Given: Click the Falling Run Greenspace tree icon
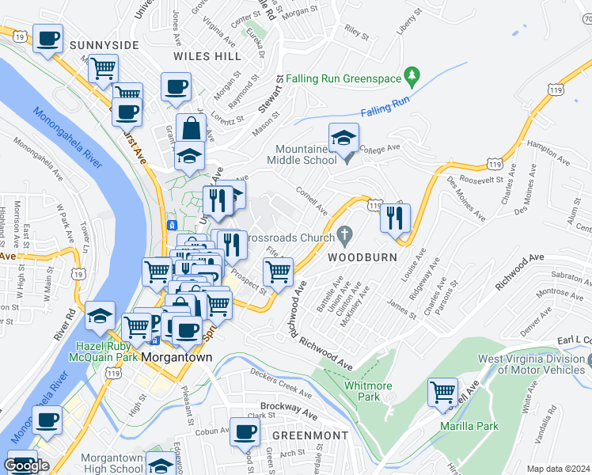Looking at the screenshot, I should point(412,76).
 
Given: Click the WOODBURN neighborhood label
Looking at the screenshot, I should point(357,257).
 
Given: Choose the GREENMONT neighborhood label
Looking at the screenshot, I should point(310,435).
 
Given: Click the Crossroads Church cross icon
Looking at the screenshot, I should point(343,234).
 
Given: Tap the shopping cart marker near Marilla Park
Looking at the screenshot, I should point(442,393).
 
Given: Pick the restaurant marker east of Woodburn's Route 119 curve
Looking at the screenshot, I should point(395,216).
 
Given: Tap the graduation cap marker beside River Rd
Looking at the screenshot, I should point(101,316).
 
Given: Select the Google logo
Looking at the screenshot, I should point(26,465).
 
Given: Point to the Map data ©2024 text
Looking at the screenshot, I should point(559,469).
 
